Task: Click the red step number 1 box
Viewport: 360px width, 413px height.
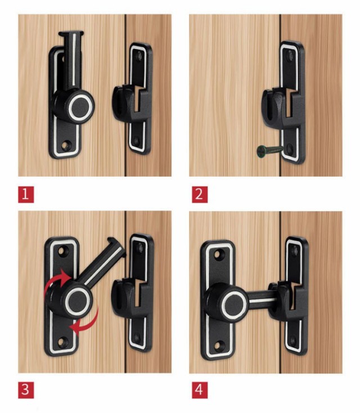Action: point(26,194)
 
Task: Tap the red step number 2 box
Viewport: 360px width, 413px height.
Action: point(200,194)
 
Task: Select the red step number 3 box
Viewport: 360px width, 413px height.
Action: point(26,390)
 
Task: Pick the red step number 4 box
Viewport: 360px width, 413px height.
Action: point(200,390)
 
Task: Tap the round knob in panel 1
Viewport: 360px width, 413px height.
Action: point(80,106)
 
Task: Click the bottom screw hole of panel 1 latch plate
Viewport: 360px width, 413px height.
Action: point(66,145)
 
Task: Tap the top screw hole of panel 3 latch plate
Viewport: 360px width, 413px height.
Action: point(62,250)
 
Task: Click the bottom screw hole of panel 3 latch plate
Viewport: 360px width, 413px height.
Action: point(61,342)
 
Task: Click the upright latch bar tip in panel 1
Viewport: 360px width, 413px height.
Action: point(71,34)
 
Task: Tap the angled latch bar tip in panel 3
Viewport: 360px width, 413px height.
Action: point(116,245)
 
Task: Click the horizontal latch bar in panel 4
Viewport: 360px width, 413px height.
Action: point(262,299)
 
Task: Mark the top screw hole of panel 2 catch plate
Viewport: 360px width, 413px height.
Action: point(290,55)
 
